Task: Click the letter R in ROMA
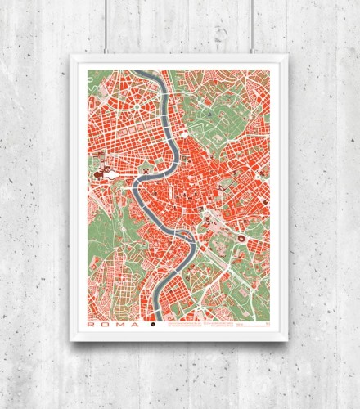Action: (92, 324)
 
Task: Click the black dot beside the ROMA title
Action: (152, 324)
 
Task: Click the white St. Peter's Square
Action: (109, 173)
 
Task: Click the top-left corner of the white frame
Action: (72, 55)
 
